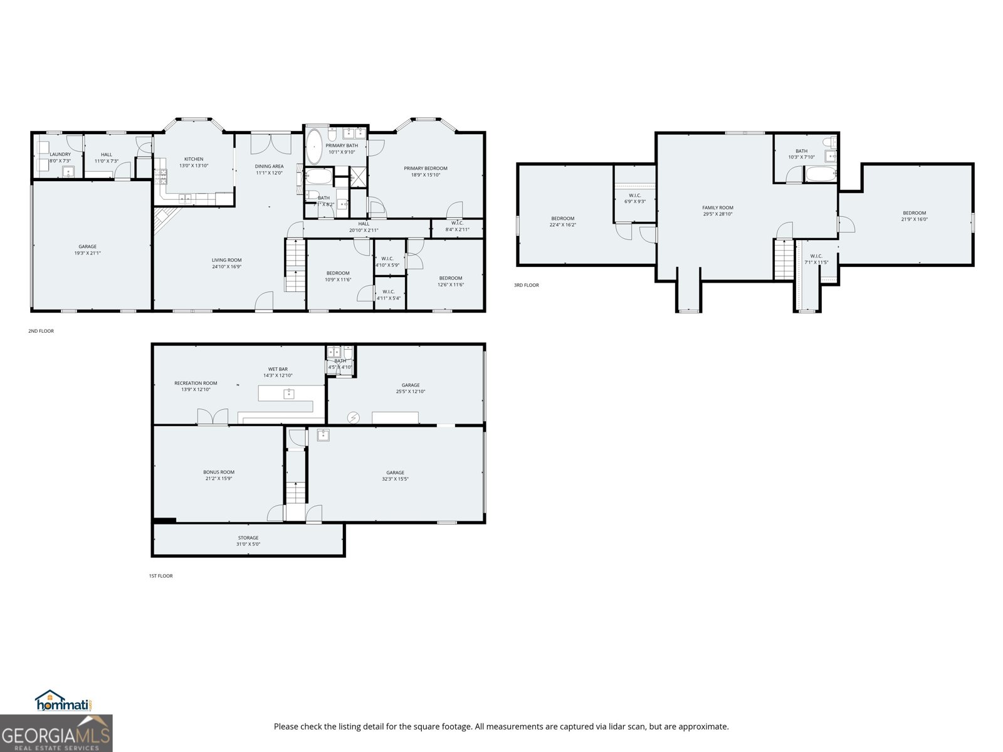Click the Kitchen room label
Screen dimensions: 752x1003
pyautogui.click(x=193, y=159)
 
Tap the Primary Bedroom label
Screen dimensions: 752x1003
pyautogui.click(x=425, y=168)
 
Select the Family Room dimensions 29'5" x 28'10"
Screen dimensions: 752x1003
pyautogui.click(x=717, y=214)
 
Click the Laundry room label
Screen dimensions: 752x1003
pyautogui.click(x=60, y=154)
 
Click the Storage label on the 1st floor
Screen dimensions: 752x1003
pyautogui.click(x=248, y=538)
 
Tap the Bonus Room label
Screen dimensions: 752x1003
pyautogui.click(x=219, y=473)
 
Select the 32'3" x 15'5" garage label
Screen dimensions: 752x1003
pyautogui.click(x=395, y=479)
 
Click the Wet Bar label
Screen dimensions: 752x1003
pyautogui.click(x=278, y=369)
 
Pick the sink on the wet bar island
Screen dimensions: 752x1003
pyautogui.click(x=288, y=394)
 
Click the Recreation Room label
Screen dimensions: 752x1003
pyautogui.click(x=196, y=383)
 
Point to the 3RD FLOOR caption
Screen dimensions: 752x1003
pyautogui.click(x=526, y=285)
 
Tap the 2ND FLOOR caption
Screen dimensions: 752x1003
pyautogui.click(x=41, y=331)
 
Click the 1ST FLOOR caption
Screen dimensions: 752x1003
pyautogui.click(x=160, y=576)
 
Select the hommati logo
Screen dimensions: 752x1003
pyautogui.click(x=63, y=701)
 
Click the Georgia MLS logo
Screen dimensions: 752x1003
pyautogui.click(x=56, y=734)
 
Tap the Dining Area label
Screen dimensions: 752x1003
pyautogui.click(x=269, y=166)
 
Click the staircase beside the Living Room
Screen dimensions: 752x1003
pyautogui.click(x=295, y=266)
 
